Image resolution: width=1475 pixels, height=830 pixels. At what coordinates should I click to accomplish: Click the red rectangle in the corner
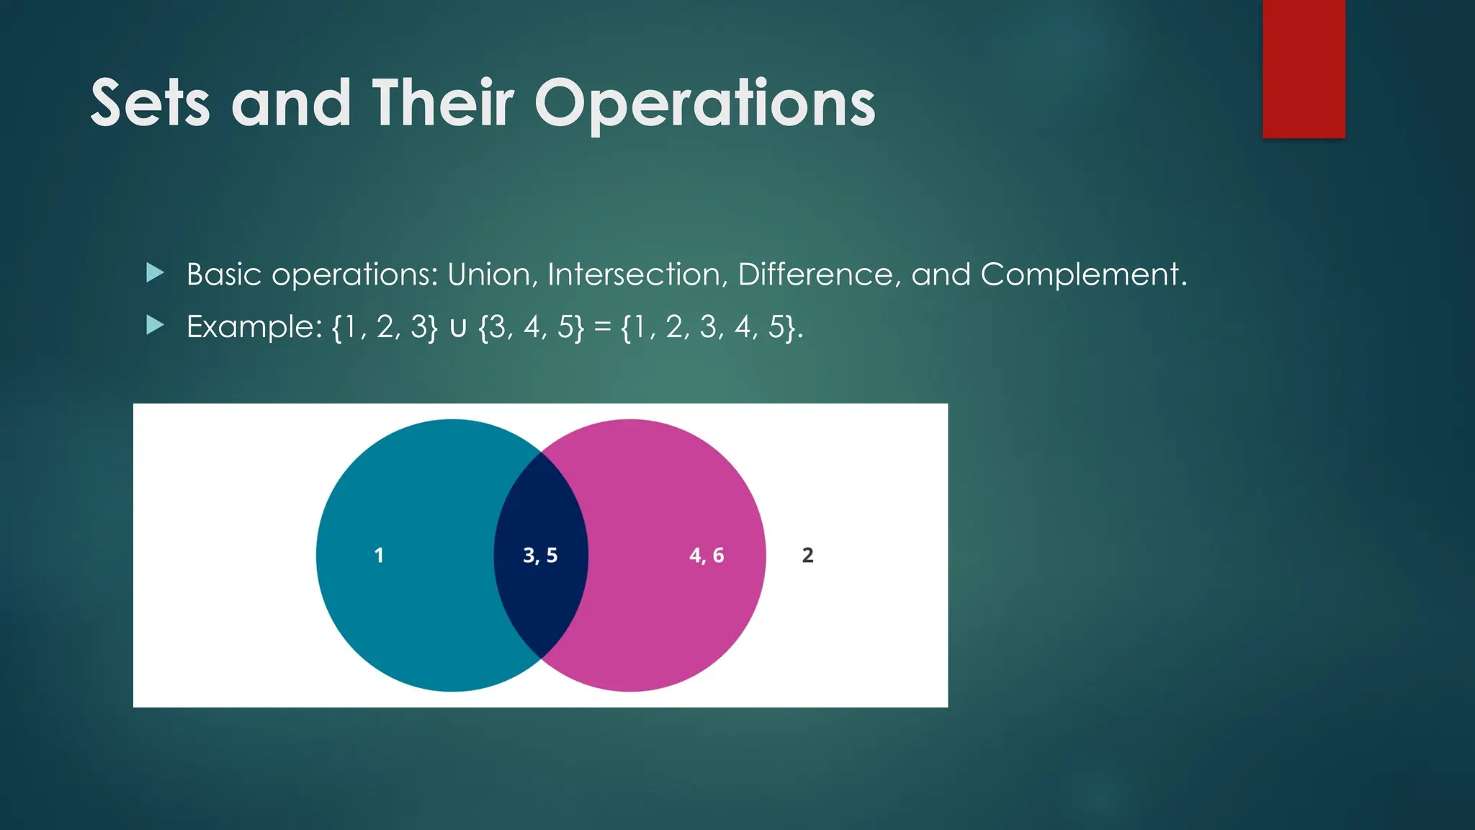1304,68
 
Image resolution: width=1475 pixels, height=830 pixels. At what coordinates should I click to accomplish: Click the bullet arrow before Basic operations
155,273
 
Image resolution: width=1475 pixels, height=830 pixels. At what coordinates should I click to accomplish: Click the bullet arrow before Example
155,326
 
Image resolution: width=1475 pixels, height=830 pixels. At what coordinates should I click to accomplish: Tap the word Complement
1082,275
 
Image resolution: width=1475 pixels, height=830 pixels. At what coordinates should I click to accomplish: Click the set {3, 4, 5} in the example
532,327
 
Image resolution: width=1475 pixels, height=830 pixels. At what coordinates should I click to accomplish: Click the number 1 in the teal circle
379,555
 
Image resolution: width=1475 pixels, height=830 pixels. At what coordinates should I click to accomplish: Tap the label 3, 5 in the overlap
540,555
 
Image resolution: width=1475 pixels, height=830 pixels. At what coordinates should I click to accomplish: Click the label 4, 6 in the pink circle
707,555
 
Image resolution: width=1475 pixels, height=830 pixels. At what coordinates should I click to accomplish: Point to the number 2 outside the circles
807,555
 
